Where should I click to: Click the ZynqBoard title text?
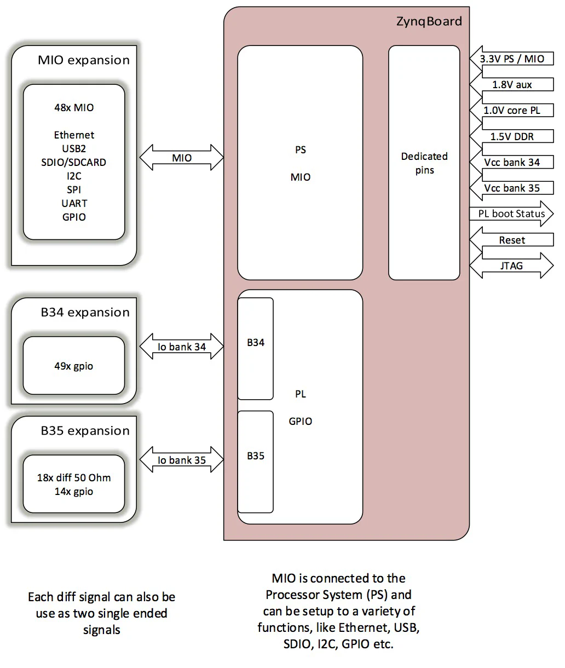(x=429, y=22)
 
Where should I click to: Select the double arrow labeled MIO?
(x=182, y=158)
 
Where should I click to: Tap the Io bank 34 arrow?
(x=182, y=347)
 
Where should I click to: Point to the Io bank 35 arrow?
(x=182, y=460)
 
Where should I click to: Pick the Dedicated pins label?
(x=424, y=163)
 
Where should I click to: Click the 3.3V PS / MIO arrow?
(x=511, y=59)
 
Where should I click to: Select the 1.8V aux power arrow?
(x=511, y=85)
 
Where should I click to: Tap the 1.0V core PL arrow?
(x=511, y=111)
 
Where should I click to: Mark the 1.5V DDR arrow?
(x=511, y=136)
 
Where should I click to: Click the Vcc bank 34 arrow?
(x=511, y=163)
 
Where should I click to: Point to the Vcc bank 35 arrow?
(x=511, y=188)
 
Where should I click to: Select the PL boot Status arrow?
(x=511, y=214)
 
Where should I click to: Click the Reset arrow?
(x=511, y=240)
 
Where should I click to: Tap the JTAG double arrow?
(x=511, y=266)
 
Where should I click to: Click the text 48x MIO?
(x=74, y=108)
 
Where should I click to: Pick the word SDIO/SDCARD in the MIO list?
(x=74, y=163)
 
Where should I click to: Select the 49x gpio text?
(x=74, y=366)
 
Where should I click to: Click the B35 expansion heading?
(x=85, y=431)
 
